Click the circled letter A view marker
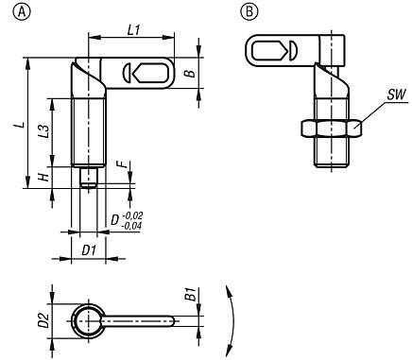(x=22, y=11)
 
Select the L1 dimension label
(x=133, y=30)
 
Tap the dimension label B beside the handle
(x=190, y=73)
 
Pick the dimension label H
(x=44, y=177)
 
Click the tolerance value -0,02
(x=132, y=215)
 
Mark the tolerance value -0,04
(x=131, y=226)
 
